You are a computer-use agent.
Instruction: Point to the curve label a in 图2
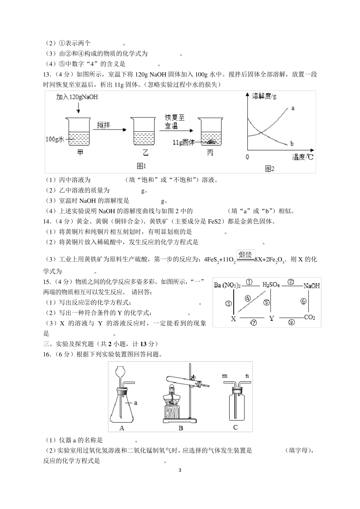(293, 108)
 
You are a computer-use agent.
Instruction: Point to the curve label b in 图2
(292, 144)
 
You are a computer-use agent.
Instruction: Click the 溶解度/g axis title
(264, 96)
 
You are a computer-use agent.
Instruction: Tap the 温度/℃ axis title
(303, 157)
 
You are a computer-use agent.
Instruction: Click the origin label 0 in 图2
(247, 157)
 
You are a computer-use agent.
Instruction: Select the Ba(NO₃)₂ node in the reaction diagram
(227, 285)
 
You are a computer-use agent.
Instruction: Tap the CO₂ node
(310, 317)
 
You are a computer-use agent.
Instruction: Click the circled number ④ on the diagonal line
(247, 298)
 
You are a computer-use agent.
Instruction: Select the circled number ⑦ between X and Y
(254, 323)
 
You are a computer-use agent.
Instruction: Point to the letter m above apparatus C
(225, 376)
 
